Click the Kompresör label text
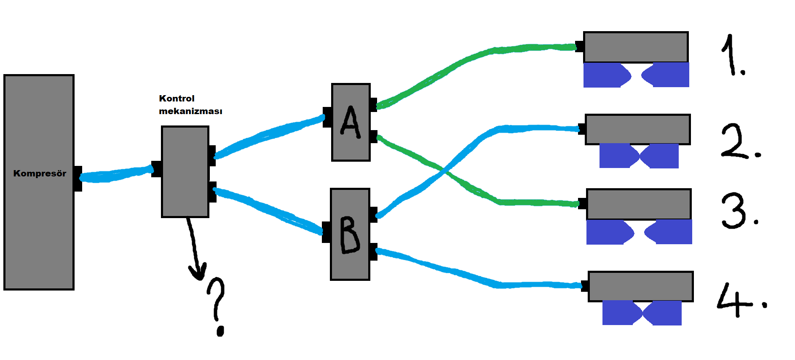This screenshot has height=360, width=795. coord(40,173)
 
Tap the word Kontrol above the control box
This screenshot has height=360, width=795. coord(177,99)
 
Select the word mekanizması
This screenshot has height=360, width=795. coord(190,111)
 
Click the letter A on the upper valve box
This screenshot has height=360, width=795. coord(351,122)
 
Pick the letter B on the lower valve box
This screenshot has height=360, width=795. coord(350,235)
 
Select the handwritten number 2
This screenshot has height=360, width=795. coord(740,141)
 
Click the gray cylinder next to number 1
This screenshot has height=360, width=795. coord(636,47)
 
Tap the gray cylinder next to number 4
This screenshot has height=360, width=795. coord(640,287)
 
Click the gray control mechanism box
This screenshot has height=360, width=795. coord(185,172)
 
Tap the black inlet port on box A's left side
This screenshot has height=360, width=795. coord(327,117)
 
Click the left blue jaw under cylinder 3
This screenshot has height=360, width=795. coord(610,232)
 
